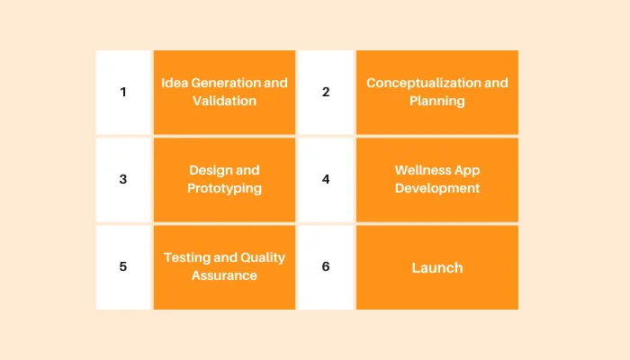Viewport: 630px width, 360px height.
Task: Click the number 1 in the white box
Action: tap(123, 92)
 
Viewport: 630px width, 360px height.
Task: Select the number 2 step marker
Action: tap(326, 92)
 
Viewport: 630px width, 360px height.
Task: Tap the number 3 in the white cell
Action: tap(123, 179)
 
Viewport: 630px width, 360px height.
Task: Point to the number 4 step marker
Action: tap(326, 179)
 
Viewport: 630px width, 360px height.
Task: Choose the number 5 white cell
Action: tap(123, 266)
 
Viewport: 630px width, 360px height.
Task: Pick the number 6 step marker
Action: tap(326, 266)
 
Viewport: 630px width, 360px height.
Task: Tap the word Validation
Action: tap(224, 101)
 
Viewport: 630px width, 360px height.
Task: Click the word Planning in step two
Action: tap(437, 101)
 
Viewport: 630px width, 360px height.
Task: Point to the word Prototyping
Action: tap(224, 188)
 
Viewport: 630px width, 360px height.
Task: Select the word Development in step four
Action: tap(437, 188)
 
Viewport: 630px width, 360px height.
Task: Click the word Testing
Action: tap(187, 257)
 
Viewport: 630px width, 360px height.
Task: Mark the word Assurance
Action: tap(224, 275)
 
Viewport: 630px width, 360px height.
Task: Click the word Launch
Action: tap(437, 267)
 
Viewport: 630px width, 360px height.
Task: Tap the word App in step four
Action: tap(468, 170)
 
